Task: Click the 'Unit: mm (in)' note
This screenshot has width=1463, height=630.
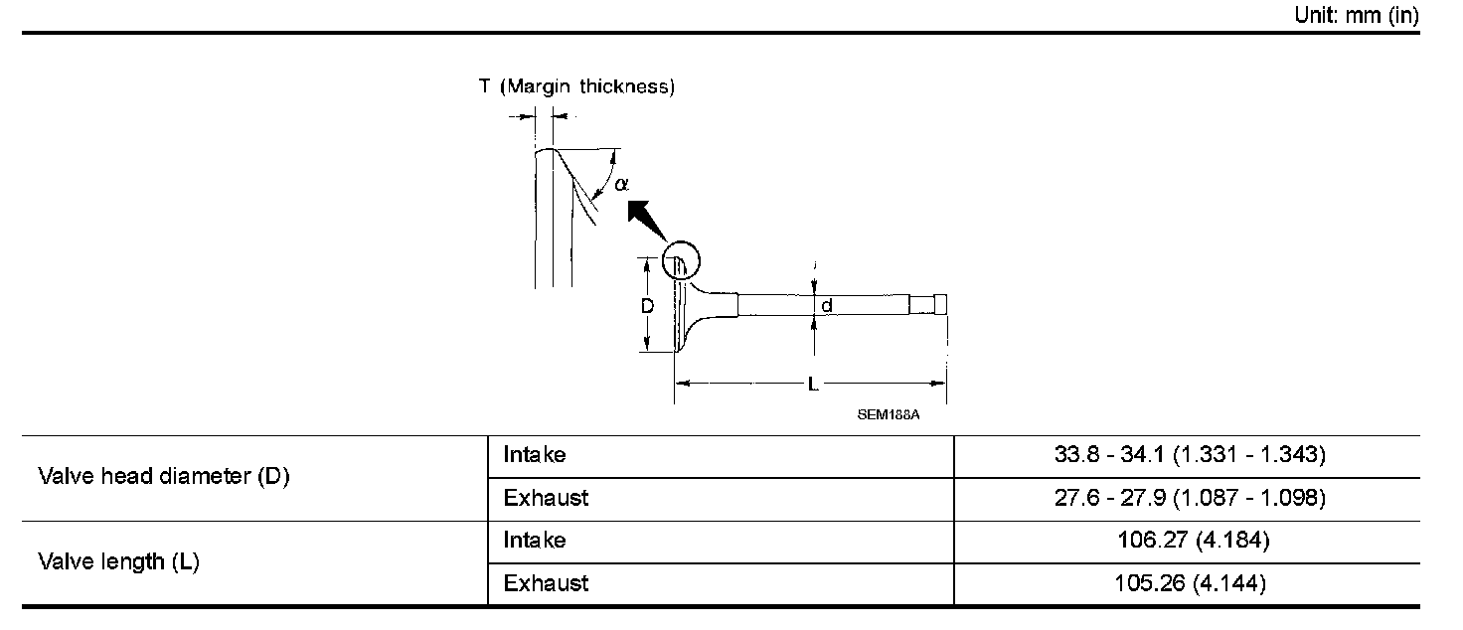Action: click(1357, 16)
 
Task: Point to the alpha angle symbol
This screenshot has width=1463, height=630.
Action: click(621, 184)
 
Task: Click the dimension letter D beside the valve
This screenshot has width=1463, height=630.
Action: click(647, 306)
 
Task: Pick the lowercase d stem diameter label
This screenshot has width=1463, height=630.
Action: click(826, 306)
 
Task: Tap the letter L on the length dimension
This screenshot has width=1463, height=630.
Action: click(813, 382)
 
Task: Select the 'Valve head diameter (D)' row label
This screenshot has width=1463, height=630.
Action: click(164, 477)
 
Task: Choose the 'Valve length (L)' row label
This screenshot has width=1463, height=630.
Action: click(119, 562)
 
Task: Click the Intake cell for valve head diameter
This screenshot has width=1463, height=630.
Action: click(535, 455)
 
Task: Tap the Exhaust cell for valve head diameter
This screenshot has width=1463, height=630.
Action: click(546, 497)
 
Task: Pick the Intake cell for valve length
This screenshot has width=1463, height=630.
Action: click(535, 541)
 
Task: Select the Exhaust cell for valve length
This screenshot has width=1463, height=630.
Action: click(546, 583)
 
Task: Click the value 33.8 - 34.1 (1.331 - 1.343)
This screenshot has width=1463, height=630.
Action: click(1190, 455)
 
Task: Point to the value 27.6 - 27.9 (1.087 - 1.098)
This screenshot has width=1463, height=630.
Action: click(1190, 497)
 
